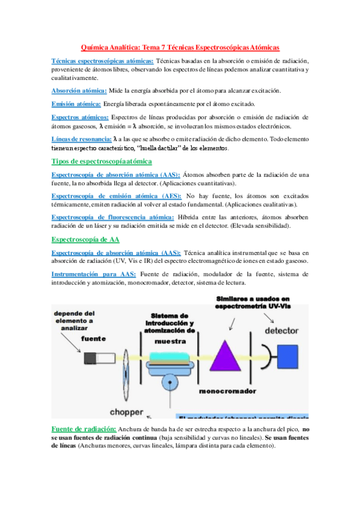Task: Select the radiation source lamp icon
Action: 97,359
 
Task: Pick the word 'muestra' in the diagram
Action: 170,340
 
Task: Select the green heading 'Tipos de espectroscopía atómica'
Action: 102,161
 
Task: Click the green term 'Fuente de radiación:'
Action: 84,429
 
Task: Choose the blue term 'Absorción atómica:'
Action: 79,90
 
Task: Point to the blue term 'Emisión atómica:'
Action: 76,103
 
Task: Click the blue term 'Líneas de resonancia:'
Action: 81,140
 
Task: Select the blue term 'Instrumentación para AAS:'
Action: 94,274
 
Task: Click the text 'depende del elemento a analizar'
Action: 74,321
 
